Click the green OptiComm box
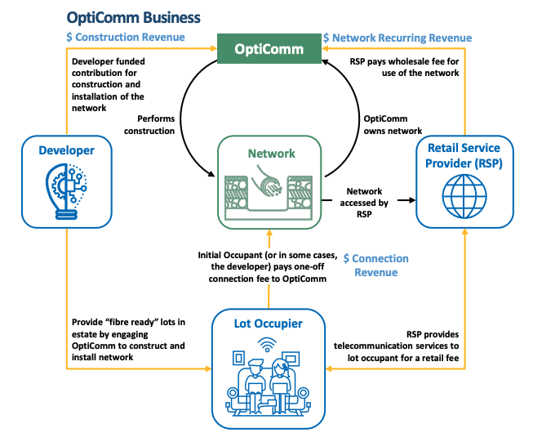click(x=269, y=49)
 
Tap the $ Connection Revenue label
click(x=376, y=266)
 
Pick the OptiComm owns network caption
click(x=393, y=124)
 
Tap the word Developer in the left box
click(x=66, y=150)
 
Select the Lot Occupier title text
click(x=268, y=324)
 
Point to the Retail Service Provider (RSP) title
click(x=463, y=155)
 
